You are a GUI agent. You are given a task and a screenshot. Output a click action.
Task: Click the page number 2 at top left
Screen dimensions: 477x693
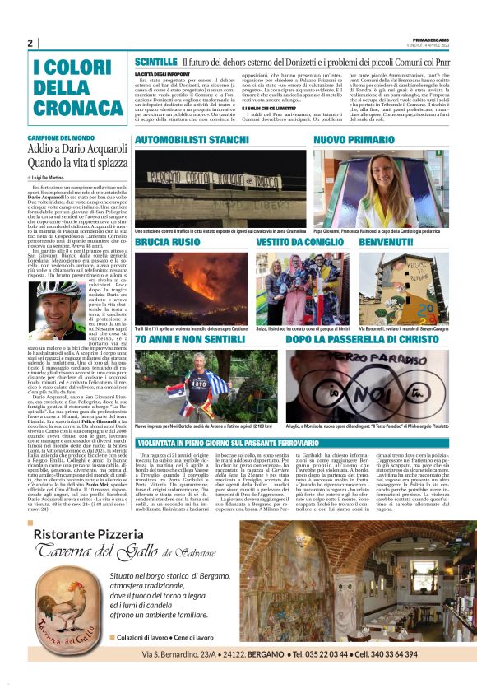point(30,43)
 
